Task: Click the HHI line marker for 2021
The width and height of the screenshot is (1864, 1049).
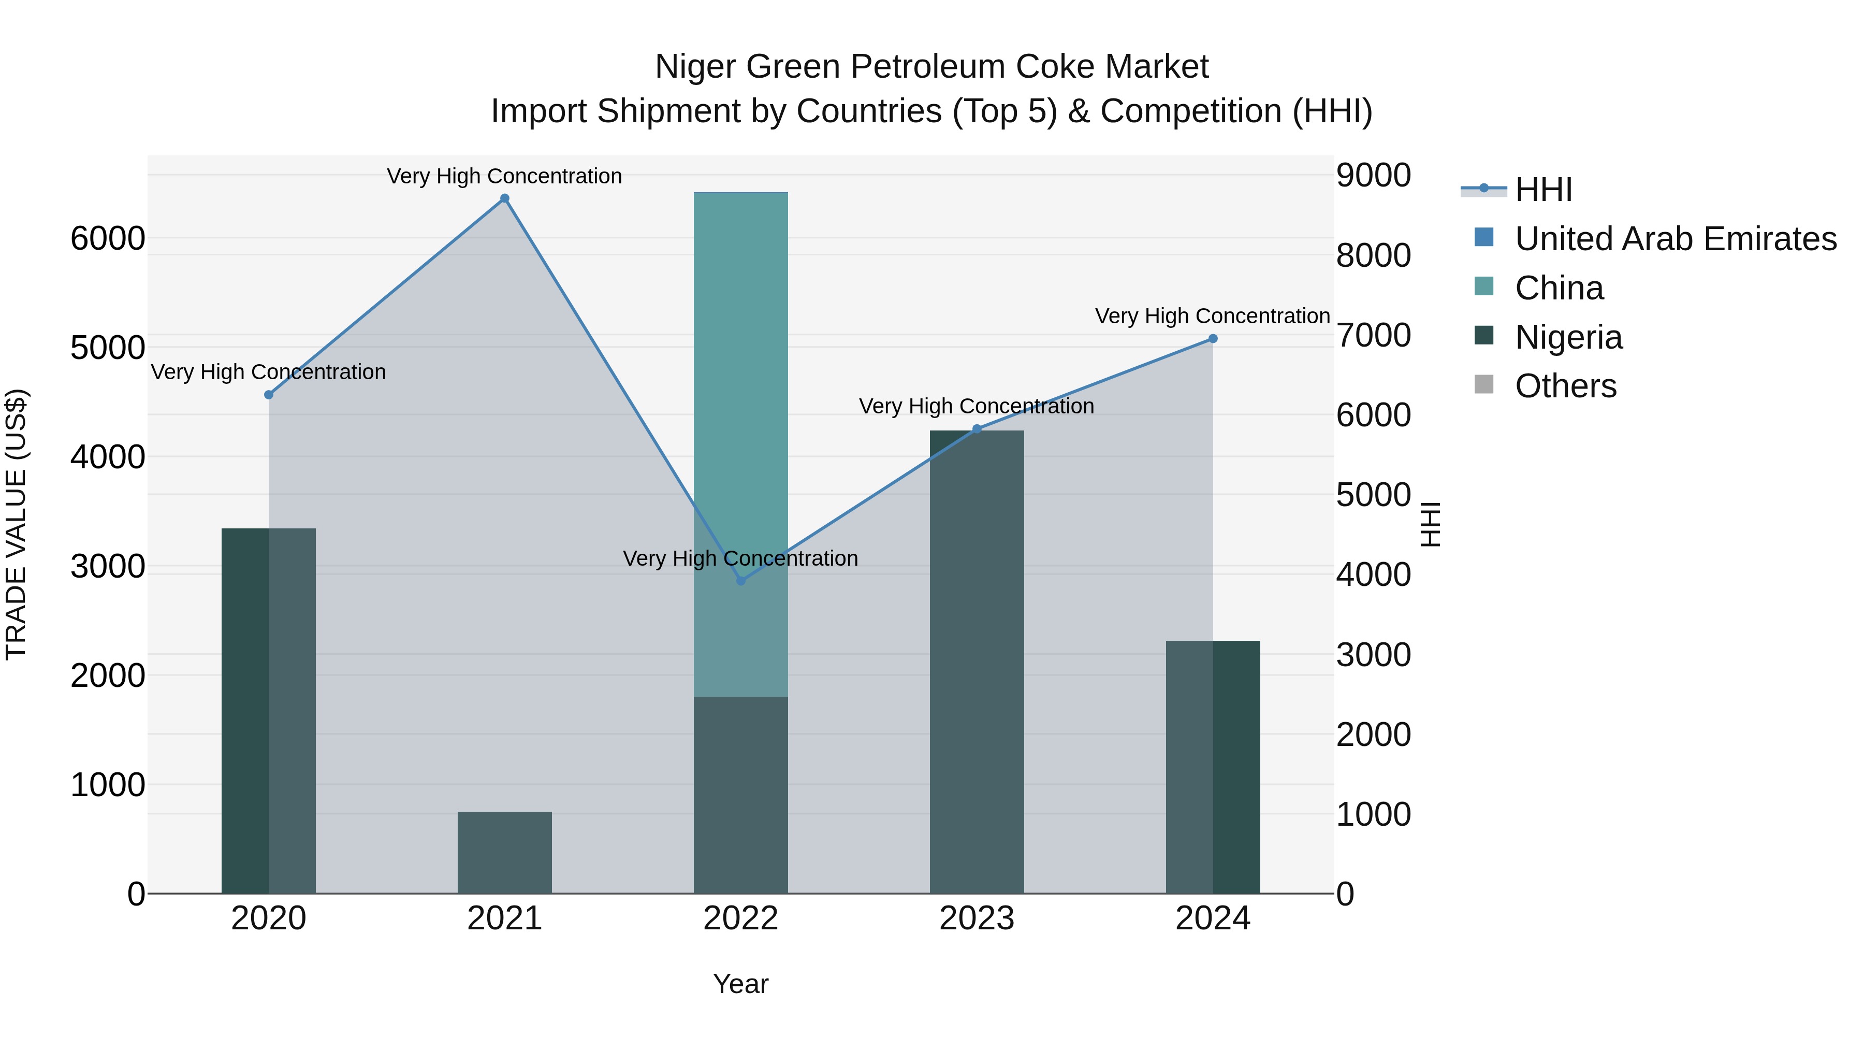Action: [x=504, y=198]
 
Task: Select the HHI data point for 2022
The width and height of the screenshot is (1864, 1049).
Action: [x=740, y=581]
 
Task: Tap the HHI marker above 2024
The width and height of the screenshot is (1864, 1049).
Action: [x=1213, y=338]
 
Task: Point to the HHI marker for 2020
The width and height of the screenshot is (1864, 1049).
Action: [x=268, y=395]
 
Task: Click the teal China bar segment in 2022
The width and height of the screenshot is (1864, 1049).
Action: [x=740, y=362]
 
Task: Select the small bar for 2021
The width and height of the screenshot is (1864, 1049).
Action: [x=504, y=852]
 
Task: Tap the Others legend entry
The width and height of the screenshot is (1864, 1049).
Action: [x=1565, y=386]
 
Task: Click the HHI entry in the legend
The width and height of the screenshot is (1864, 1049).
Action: [x=1543, y=190]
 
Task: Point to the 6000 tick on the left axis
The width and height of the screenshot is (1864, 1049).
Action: [x=107, y=238]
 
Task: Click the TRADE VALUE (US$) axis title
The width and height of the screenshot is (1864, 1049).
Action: [x=16, y=524]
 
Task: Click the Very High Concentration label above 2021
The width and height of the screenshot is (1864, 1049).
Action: [x=504, y=176]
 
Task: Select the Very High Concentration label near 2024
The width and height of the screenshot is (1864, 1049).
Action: [x=1212, y=317]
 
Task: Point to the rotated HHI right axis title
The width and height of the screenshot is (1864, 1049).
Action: [x=1430, y=524]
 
